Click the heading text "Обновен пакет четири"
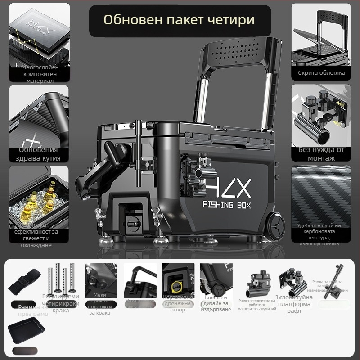click(179, 20)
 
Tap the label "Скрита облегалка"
click(321, 72)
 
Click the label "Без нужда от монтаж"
click(321, 154)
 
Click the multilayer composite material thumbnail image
click(39, 34)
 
